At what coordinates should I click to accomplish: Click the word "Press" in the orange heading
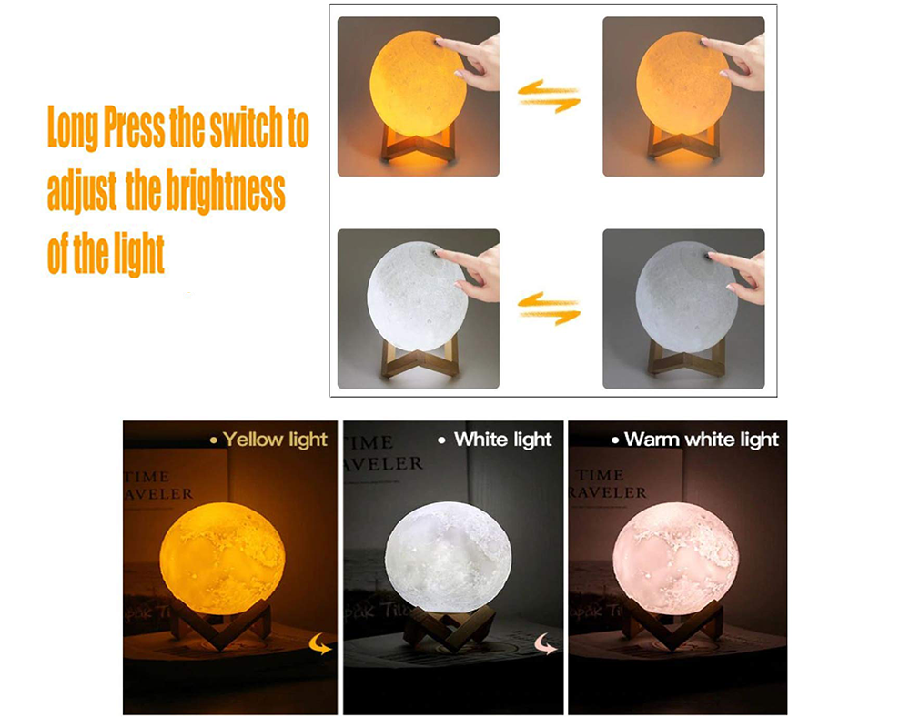tap(133, 129)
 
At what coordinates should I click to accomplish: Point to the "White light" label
tap(502, 440)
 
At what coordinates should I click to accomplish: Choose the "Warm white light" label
tap(702, 440)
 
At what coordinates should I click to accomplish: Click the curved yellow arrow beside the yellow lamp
tap(322, 643)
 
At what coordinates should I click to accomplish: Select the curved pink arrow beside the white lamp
tap(544, 643)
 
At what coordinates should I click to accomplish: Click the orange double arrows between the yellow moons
tap(550, 96)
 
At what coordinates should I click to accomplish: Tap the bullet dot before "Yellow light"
tap(214, 440)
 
